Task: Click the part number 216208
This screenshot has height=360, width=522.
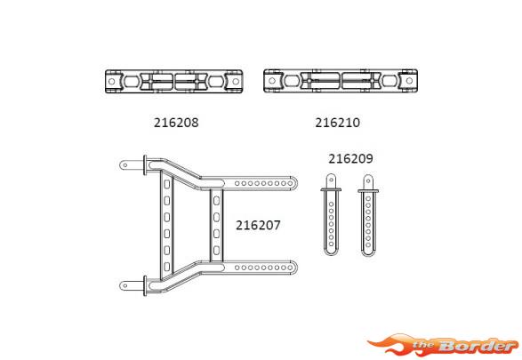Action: pos(176,123)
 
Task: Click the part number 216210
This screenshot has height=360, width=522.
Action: pos(338,123)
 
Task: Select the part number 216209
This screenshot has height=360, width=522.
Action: pos(350,158)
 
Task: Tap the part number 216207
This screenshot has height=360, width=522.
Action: pos(258,225)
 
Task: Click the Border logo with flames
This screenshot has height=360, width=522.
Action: pos(443,345)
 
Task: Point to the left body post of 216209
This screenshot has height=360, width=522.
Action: pos(331,214)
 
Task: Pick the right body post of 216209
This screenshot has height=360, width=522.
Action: pos(368,216)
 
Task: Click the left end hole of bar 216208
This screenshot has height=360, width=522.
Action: pos(112,81)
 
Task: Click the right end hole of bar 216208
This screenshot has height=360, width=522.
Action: pos(236,81)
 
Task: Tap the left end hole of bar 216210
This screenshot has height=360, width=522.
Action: pos(272,81)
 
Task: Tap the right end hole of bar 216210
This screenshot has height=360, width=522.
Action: pos(409,81)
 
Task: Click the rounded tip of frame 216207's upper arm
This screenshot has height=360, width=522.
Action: pos(294,183)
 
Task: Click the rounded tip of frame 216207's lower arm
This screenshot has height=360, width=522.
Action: pos(294,268)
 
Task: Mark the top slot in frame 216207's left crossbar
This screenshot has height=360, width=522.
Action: pos(167,184)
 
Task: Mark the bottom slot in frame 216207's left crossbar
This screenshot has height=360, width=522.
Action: pos(167,267)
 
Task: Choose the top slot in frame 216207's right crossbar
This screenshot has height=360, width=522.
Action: pos(216,201)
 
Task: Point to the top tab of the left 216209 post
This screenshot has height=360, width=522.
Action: pos(331,181)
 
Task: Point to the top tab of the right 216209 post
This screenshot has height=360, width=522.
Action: pos(368,182)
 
